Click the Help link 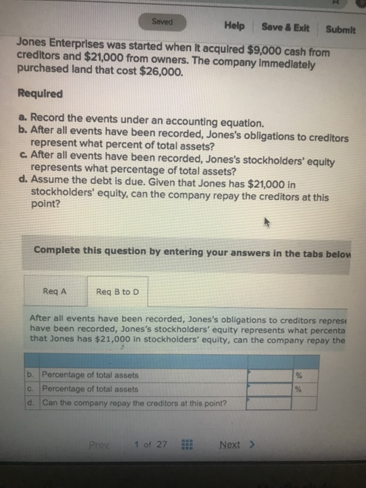coord(234,26)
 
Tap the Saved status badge coord(162,22)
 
